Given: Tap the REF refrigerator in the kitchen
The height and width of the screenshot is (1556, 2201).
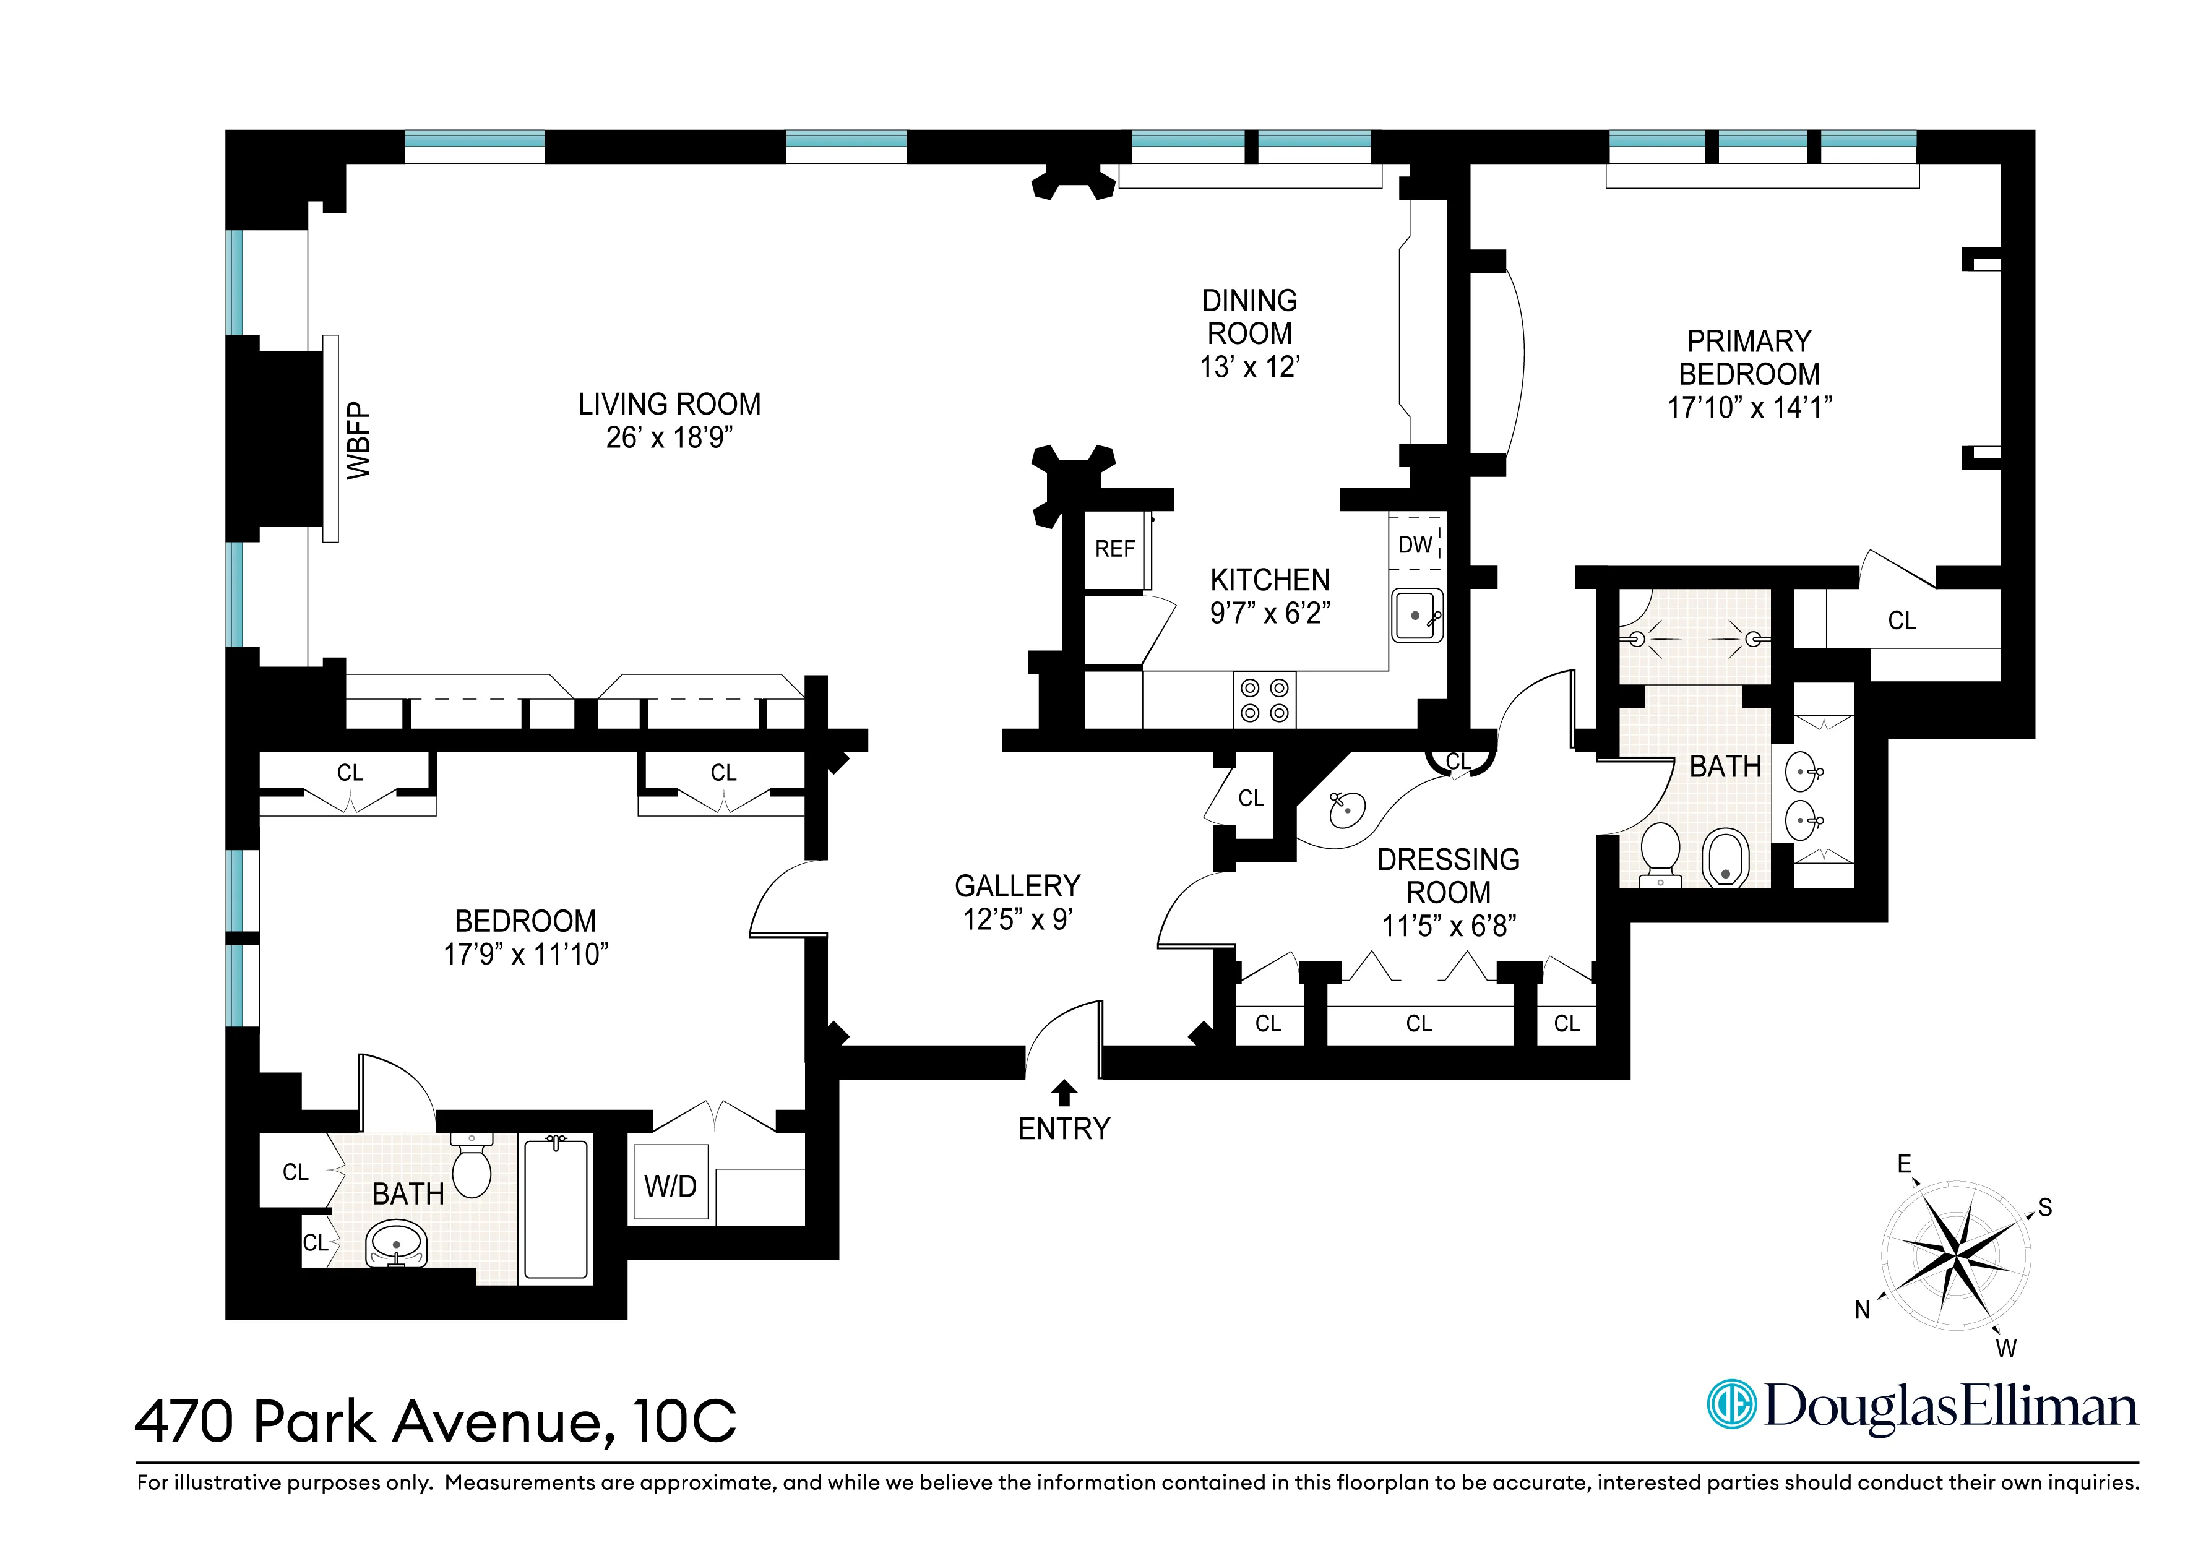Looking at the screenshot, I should pyautogui.click(x=1115, y=549).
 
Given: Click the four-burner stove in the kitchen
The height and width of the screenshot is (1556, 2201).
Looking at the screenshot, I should pyautogui.click(x=1264, y=700).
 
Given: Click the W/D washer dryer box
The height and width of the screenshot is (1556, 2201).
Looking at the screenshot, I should pyautogui.click(x=670, y=1186).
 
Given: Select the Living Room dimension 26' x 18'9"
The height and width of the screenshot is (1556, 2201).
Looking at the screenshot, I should pyautogui.click(x=669, y=438).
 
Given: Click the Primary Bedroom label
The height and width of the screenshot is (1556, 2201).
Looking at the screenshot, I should pyautogui.click(x=1749, y=358).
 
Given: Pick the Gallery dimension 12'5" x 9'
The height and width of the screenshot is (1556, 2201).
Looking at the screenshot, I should pyautogui.click(x=1017, y=919).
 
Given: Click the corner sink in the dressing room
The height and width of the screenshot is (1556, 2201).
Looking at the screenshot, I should pyautogui.click(x=1347, y=810).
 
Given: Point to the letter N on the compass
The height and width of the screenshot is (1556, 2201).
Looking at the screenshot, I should pyautogui.click(x=1863, y=1310).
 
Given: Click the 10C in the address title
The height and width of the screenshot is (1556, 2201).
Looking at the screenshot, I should pyautogui.click(x=684, y=1421).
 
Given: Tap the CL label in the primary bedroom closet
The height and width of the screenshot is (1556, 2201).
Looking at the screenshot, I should pyautogui.click(x=1902, y=621).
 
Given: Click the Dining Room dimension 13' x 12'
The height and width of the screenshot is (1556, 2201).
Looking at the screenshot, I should pyautogui.click(x=1249, y=367).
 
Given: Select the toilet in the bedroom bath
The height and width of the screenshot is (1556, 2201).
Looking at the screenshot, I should pyautogui.click(x=471, y=1165).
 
